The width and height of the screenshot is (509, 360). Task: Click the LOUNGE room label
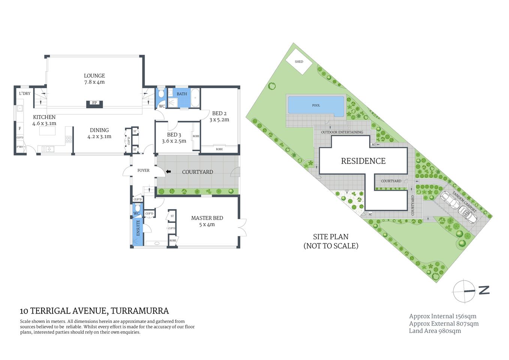(94, 76)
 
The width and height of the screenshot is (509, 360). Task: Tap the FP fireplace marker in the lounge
(94, 103)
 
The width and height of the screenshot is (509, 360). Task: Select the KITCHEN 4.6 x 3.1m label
(44, 120)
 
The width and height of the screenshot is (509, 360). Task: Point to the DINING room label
(99, 130)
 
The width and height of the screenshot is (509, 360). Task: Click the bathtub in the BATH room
(195, 98)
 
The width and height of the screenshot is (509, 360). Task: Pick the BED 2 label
(219, 113)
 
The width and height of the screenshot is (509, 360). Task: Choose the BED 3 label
(174, 135)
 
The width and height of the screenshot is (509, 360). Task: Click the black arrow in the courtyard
(168, 172)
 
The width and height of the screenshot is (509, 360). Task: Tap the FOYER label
(143, 170)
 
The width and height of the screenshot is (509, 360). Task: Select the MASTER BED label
(207, 218)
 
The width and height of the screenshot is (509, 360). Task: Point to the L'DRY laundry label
(25, 93)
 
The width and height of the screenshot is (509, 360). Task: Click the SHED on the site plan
(299, 61)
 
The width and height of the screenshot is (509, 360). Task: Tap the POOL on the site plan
(316, 105)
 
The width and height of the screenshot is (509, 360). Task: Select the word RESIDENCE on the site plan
(363, 161)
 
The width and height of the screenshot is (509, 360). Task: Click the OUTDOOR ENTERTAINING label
(342, 132)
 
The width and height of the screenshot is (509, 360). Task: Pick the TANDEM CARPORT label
(464, 202)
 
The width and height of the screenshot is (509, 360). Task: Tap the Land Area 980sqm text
(435, 331)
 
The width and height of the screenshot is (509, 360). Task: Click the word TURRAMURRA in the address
(140, 311)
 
